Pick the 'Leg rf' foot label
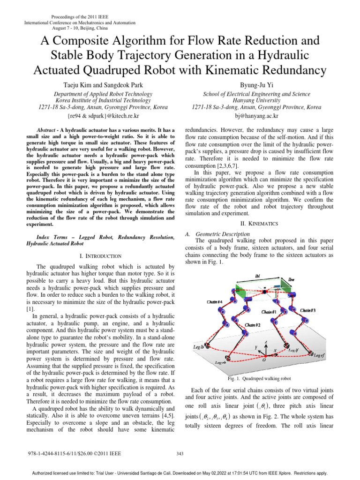coord(322,356)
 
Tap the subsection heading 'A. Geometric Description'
coord(218,234)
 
